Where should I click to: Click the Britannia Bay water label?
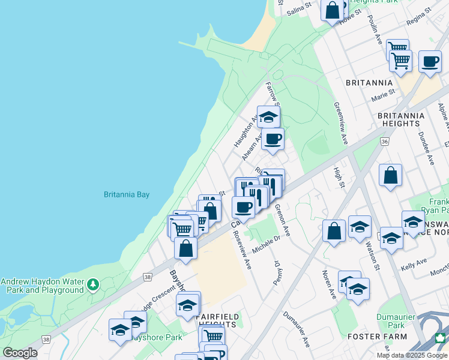[x=126, y=194]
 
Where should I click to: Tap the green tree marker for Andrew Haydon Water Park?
[x=92, y=284]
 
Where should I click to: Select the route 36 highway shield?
[x=385, y=141]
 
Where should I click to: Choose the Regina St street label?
[x=419, y=16]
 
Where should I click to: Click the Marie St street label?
[x=383, y=95]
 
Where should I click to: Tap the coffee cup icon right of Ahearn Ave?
[x=273, y=139]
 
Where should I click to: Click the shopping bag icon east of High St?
[x=390, y=176]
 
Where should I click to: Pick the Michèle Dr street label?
[x=267, y=244]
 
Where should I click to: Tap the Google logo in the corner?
[x=20, y=353]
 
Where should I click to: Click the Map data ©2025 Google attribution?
[x=412, y=355]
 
